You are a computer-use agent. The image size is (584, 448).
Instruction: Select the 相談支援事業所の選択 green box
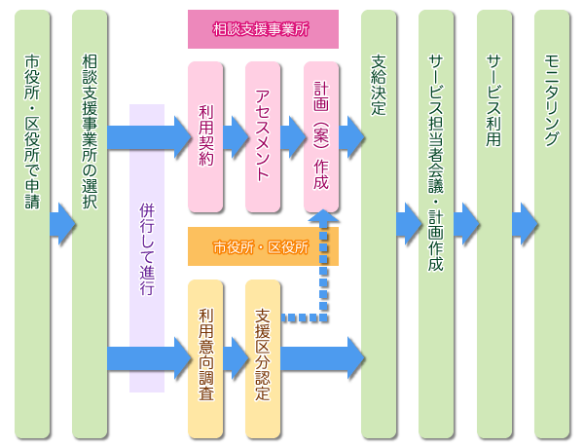tap(90, 224)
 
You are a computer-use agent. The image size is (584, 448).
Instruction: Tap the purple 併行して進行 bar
tap(146, 248)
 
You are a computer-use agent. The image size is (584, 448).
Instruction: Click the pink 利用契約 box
tap(204, 137)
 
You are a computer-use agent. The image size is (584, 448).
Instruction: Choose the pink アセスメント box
tap(263, 137)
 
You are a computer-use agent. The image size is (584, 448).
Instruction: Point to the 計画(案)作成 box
tap(321, 137)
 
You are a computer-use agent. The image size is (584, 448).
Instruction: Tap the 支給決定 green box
tap(379, 224)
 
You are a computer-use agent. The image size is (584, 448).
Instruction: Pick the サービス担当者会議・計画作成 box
tap(436, 224)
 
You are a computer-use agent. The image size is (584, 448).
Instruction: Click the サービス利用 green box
tap(494, 224)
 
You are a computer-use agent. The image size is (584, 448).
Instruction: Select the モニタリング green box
tap(553, 224)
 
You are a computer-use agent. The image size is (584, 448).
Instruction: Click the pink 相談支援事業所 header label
tap(262, 29)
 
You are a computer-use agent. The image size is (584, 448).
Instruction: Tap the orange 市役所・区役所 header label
tap(262, 247)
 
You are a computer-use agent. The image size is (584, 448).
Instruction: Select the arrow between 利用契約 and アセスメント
tap(235, 137)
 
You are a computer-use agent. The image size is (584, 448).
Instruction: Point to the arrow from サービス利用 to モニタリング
tap(524, 224)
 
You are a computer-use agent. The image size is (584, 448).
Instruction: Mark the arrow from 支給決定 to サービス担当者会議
tap(408, 224)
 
